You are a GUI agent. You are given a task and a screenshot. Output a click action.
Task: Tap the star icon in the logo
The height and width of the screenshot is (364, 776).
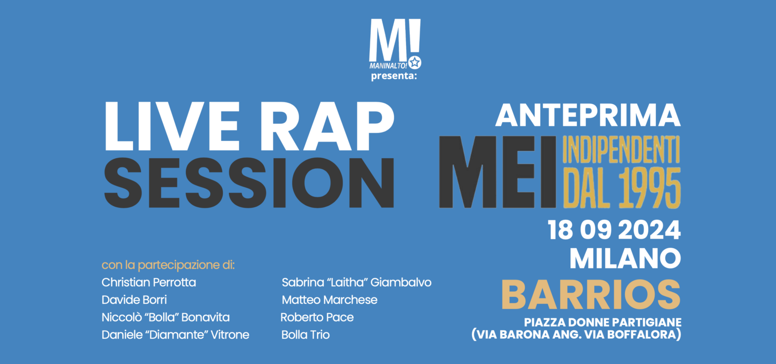(x=415, y=63)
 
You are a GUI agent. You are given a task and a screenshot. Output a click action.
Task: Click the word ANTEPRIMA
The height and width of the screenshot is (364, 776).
(x=588, y=115)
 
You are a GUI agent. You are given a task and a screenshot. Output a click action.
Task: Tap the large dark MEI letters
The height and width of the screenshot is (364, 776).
(x=498, y=172)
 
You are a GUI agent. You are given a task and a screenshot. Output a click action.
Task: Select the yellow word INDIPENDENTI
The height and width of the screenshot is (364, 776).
(x=621, y=151)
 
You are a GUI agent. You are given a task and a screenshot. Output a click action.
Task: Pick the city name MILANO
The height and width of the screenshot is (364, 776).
(x=625, y=258)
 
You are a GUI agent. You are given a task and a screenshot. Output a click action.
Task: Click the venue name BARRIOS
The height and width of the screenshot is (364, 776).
(x=594, y=295)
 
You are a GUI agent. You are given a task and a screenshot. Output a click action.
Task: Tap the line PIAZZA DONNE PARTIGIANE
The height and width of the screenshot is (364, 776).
(x=603, y=322)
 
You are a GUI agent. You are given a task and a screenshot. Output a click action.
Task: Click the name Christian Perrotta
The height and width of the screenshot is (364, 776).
(x=149, y=283)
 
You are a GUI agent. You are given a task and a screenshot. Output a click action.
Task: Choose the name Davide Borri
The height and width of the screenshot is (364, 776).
(x=134, y=300)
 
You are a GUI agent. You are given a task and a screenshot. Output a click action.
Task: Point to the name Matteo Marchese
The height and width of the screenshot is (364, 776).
(x=329, y=300)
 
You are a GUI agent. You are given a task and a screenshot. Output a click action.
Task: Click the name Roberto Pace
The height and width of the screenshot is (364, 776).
(x=317, y=317)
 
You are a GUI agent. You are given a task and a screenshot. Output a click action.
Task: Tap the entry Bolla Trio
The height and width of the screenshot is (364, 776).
(x=306, y=335)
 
